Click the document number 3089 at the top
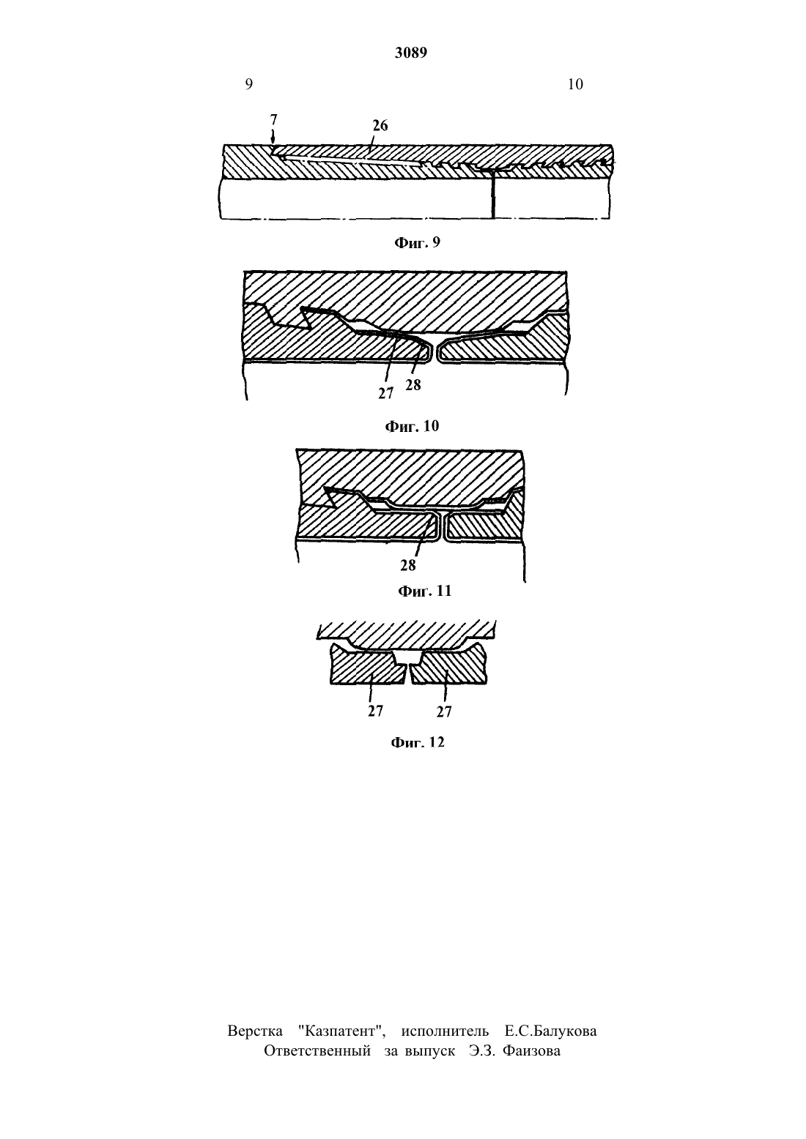pos(410,53)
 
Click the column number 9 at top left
pos(249,84)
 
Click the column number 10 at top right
pos(575,84)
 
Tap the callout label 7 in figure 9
pos(274,119)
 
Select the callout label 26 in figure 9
pos(380,125)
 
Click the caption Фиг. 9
pos(417,242)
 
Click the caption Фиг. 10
pos(412,426)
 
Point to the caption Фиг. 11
pos(424,591)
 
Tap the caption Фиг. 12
pos(417,742)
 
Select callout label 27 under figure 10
pos(385,393)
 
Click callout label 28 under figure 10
pos(413,386)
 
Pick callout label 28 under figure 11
pos(407,565)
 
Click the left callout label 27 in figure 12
pos(375,711)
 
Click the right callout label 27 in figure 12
pos(444,712)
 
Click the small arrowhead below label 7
pos(273,139)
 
